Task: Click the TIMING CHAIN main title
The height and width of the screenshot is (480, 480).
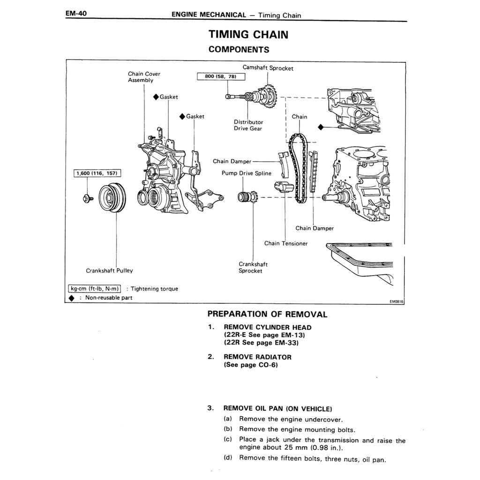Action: pyautogui.click(x=248, y=34)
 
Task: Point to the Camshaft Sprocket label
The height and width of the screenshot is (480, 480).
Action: pyautogui.click(x=268, y=68)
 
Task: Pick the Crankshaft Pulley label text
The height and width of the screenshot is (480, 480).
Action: pyautogui.click(x=109, y=270)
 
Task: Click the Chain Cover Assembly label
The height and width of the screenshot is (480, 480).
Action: pyautogui.click(x=143, y=77)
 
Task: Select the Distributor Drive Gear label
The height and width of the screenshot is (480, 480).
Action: pyautogui.click(x=248, y=125)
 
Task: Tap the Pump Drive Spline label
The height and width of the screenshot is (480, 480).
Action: pyautogui.click(x=246, y=173)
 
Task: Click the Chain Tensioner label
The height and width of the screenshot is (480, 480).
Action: pyautogui.click(x=285, y=243)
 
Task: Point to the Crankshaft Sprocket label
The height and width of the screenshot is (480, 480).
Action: pyautogui.click(x=253, y=267)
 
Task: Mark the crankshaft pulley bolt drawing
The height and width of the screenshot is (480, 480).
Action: pyautogui.click(x=87, y=198)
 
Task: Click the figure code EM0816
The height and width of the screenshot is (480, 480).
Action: pyautogui.click(x=396, y=302)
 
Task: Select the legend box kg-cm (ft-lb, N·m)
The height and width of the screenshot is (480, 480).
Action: pyautogui.click(x=95, y=289)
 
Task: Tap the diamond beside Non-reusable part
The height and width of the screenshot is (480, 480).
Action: pyautogui.click(x=71, y=298)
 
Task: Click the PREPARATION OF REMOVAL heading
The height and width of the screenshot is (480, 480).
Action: pyautogui.click(x=267, y=314)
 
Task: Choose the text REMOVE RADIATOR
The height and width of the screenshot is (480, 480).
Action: pyautogui.click(x=257, y=357)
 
